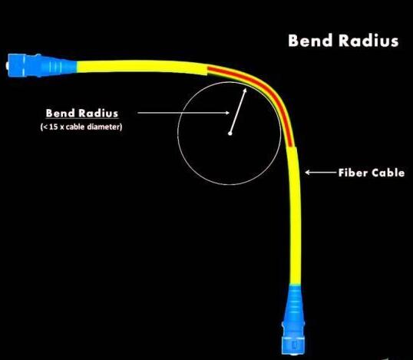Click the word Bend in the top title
pos(310,41)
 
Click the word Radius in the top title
pos(368,41)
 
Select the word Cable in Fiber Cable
pos(388,173)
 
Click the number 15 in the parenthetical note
pos(54,127)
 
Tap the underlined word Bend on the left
pos(61,113)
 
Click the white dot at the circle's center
pos(230,134)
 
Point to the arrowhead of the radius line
pos(245,91)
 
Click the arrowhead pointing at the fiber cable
pos(307,173)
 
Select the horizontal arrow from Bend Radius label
pos(183,113)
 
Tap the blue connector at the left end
pos(41,65)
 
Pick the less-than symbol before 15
pos(45,127)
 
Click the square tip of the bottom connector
pos(293,345)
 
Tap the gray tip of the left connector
pos(7,65)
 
